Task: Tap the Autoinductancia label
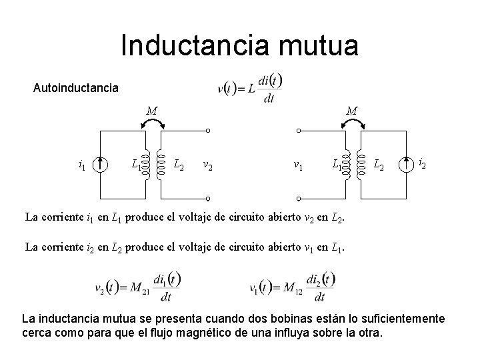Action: (76, 87)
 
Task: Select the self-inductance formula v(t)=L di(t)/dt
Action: (251, 88)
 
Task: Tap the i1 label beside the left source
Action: (81, 164)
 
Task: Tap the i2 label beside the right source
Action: (423, 163)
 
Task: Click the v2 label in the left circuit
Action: (208, 164)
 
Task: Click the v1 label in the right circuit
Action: (301, 164)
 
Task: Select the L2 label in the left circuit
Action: (179, 163)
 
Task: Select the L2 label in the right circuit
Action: (378, 163)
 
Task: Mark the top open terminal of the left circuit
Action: (208, 131)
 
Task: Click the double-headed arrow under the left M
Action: (153, 123)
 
